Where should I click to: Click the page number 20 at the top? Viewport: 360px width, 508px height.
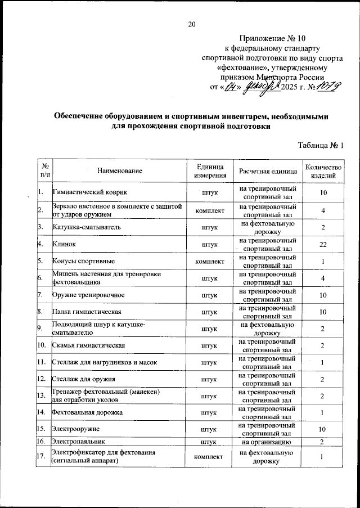tap(192, 24)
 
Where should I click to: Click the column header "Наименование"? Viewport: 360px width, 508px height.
tap(119, 170)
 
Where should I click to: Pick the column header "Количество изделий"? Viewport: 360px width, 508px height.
tap(323, 170)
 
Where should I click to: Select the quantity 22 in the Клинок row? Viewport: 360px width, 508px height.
tap(323, 244)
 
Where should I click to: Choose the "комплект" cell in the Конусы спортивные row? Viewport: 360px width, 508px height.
tap(210, 262)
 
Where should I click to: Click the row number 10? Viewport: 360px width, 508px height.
tap(42, 345)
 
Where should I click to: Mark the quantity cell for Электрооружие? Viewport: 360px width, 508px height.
tap(323, 430)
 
